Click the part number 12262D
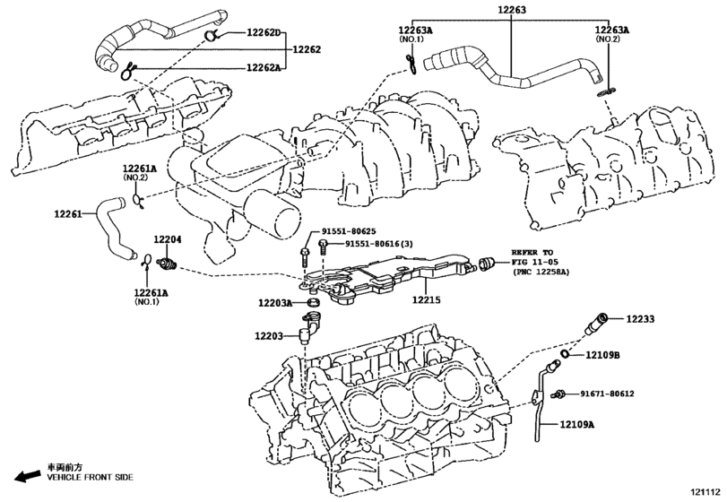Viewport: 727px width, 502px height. tap(264, 33)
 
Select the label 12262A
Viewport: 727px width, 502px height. tap(264, 67)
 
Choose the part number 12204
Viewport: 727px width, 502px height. tap(167, 239)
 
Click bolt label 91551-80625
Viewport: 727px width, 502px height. tap(351, 231)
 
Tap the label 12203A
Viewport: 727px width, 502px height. tap(275, 304)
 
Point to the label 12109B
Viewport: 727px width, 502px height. tap(603, 356)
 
